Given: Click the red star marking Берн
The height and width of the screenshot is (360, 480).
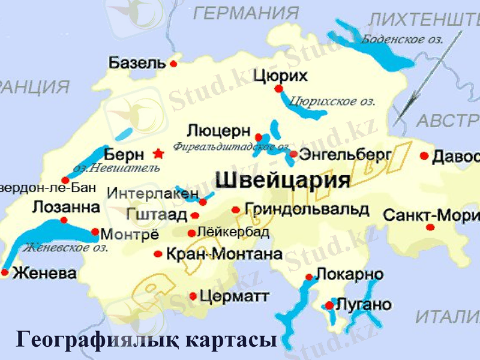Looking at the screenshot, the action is (158, 154).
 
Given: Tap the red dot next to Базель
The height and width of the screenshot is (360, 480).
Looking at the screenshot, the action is (173, 63).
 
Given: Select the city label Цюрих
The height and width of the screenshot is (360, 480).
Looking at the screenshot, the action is (280, 76).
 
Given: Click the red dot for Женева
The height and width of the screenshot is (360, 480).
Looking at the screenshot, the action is (5, 272).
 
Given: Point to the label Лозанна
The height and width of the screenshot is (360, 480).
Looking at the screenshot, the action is (65, 208).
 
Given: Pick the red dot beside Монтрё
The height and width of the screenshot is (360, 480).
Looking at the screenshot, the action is (95, 232).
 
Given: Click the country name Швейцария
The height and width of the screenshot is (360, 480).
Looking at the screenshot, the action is (282, 181).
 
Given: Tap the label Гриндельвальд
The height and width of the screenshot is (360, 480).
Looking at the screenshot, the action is (307, 209).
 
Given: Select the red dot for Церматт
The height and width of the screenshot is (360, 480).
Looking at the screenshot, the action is (193, 296).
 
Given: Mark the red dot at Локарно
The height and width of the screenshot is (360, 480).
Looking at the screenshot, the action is (309, 277).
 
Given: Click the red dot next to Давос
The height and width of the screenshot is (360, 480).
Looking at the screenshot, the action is (424, 156).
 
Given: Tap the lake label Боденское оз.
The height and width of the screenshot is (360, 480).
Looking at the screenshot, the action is (402, 40).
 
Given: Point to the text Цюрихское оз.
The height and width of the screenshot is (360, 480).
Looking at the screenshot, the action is (332, 101).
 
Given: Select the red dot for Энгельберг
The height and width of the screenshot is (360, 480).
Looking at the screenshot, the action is (293, 154).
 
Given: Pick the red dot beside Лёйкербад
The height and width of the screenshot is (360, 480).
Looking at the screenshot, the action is (191, 233).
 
